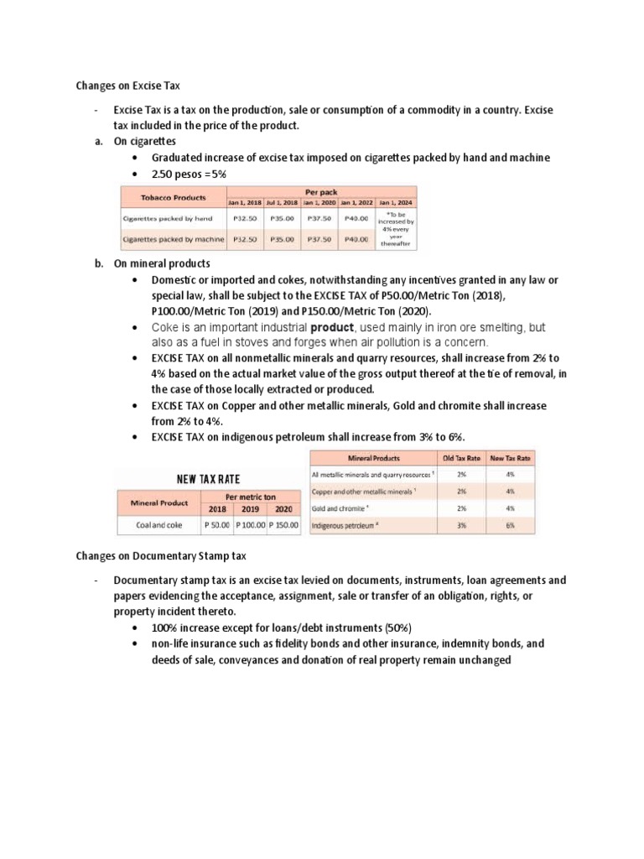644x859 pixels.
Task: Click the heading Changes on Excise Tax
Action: pos(127,86)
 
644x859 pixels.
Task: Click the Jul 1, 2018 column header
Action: pos(282,203)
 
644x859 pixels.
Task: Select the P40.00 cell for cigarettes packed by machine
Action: pos(356,239)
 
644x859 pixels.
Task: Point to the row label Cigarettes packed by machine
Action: pos(173,239)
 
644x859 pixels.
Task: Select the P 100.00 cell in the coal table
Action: pos(250,526)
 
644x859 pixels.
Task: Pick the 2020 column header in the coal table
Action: pos(285,509)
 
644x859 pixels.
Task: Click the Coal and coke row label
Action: pos(158,526)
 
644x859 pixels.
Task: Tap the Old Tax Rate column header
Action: pos(462,458)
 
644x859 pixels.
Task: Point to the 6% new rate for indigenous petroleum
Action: pos(511,526)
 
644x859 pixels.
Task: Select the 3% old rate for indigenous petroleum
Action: pos(462,526)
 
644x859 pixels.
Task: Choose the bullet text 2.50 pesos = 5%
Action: pos(189,174)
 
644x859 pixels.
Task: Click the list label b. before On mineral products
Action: pos(99,263)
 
